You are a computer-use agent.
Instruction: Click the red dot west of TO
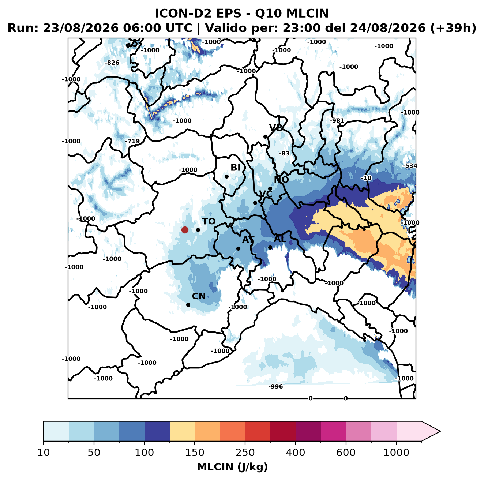(x=185, y=230)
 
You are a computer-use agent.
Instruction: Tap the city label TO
(x=209, y=222)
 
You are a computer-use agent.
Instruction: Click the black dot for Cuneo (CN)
(x=188, y=305)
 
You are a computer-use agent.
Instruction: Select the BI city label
(x=235, y=168)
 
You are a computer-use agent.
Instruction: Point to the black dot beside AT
(x=238, y=249)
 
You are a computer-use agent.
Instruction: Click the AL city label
(x=280, y=239)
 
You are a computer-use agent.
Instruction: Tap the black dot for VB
(x=265, y=136)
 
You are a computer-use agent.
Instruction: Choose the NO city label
(x=281, y=180)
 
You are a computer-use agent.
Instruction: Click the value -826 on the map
(x=112, y=63)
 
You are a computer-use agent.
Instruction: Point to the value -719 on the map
(x=132, y=141)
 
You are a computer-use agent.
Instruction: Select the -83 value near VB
(x=284, y=153)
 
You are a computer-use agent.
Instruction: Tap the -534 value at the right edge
(x=410, y=166)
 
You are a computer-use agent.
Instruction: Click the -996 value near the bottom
(x=275, y=387)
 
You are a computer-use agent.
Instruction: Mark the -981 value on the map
(x=337, y=121)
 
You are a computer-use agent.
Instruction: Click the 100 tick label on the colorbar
(x=145, y=453)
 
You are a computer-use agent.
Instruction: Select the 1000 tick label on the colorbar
(x=396, y=453)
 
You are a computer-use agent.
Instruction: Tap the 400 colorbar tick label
(x=296, y=453)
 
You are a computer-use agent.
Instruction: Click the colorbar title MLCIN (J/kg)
(x=232, y=467)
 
